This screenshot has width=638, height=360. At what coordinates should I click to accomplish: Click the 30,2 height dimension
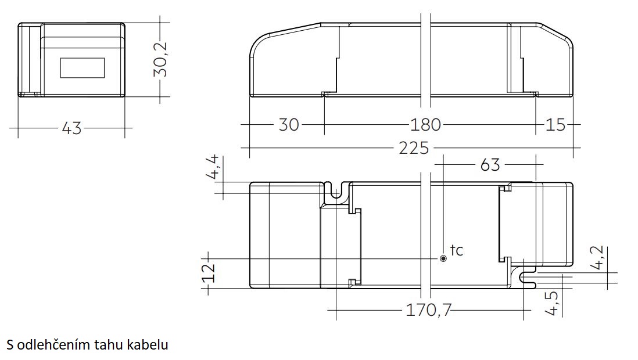[x=161, y=59]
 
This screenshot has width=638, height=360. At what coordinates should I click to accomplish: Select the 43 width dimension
[x=71, y=128]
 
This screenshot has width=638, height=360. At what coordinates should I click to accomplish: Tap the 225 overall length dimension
[x=414, y=148]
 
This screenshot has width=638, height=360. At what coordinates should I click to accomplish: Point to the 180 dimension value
[x=425, y=124]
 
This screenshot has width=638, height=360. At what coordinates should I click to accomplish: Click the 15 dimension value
[x=555, y=124]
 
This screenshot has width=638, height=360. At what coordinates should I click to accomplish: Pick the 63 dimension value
[x=490, y=165]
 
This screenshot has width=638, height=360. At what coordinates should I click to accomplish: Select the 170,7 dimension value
[x=429, y=311]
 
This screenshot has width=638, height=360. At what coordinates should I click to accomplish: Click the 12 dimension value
[x=209, y=273]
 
